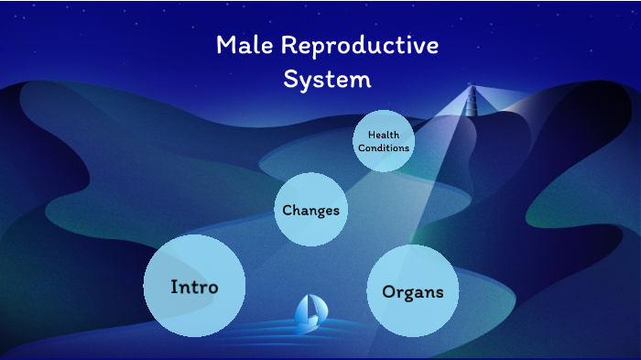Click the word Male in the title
coord(244,45)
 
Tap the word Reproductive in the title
coord(360,46)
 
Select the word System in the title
coord(327,80)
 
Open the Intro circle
coord(194,286)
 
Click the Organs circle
coord(412,291)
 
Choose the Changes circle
coord(310,210)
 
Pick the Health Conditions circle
coord(384,141)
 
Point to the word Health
coord(384,135)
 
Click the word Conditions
coord(384,147)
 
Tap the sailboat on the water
coord(310,314)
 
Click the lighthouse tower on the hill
coord(472,100)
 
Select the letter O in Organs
coord(389,291)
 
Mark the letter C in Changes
coord(288,210)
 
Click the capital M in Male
coord(226,45)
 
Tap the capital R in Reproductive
coord(288,45)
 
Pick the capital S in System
coord(290,79)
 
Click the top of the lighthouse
coord(472,84)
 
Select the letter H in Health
coord(372,135)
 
